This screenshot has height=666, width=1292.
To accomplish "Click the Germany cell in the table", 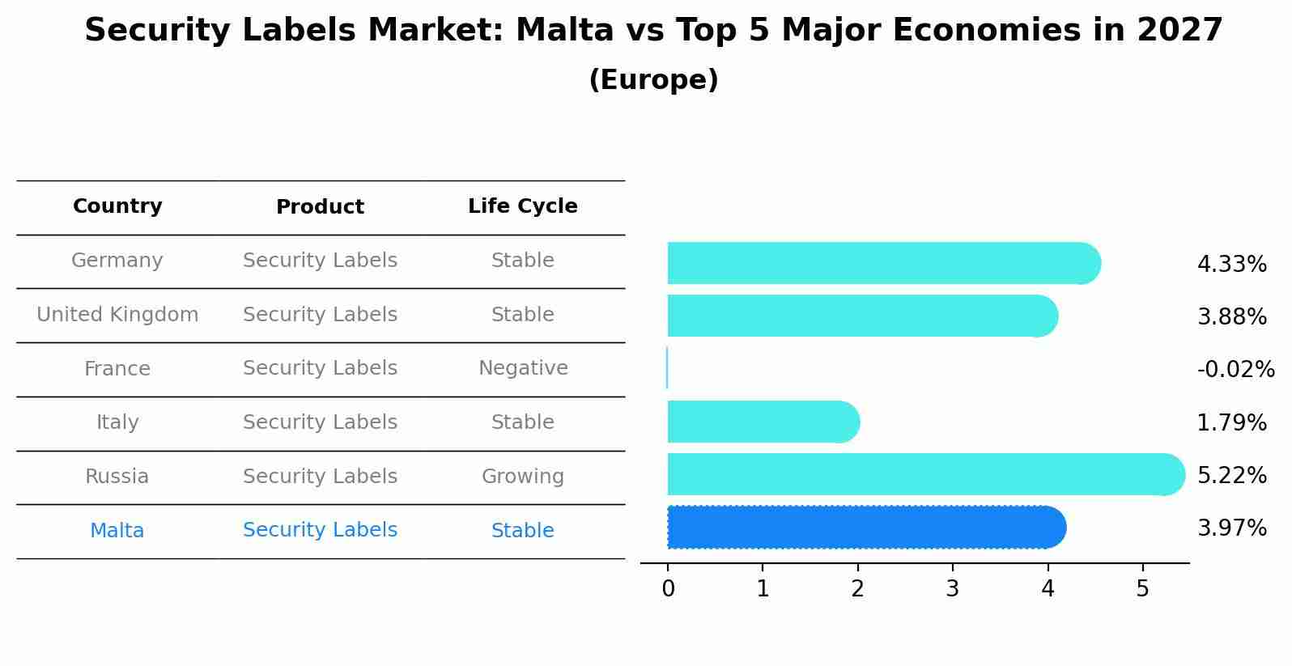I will tap(117, 261).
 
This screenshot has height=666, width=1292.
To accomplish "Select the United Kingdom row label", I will tap(117, 315).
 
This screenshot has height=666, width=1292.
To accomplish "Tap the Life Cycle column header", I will tap(522, 206).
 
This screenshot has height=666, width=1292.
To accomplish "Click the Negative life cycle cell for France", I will tap(522, 368).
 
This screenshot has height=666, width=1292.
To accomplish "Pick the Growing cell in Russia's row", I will tap(522, 477).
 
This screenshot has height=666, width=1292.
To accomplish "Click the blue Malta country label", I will tap(117, 531).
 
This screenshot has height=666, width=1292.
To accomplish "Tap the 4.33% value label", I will tap(1231, 265).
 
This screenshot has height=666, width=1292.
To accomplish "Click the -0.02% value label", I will tap(1235, 370).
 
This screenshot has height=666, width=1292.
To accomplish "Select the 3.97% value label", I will tap(1231, 528).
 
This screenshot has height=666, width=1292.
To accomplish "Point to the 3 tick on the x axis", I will tap(953, 589).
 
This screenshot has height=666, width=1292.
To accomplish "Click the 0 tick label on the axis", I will tap(668, 589).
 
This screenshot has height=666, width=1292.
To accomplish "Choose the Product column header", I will tap(320, 207).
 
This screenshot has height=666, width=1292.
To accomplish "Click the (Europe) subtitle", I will tap(653, 80).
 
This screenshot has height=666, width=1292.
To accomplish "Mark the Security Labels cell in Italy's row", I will tap(320, 422).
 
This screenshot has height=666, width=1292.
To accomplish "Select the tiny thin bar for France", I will tap(667, 368).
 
